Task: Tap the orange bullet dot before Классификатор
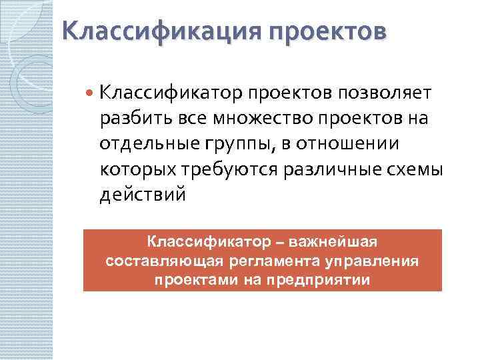click(91, 92)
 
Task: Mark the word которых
click(135, 169)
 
